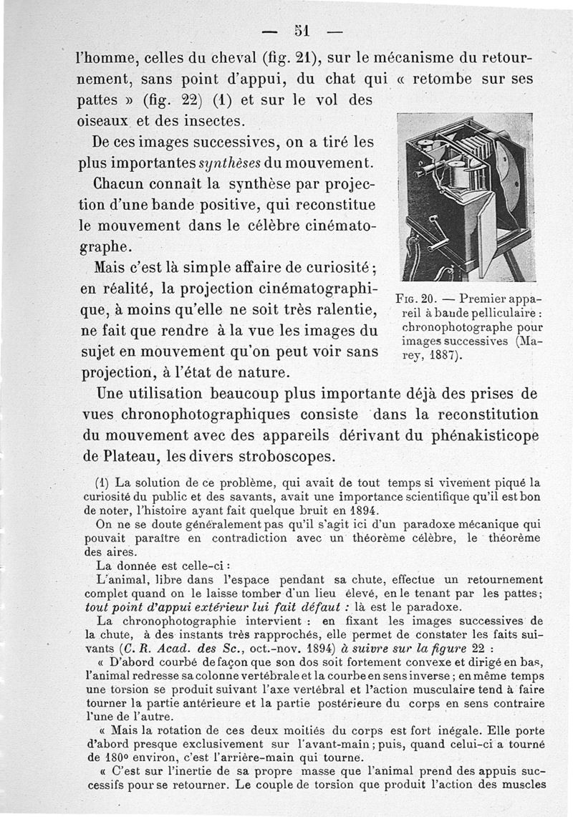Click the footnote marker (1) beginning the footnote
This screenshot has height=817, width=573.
pos(101,483)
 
